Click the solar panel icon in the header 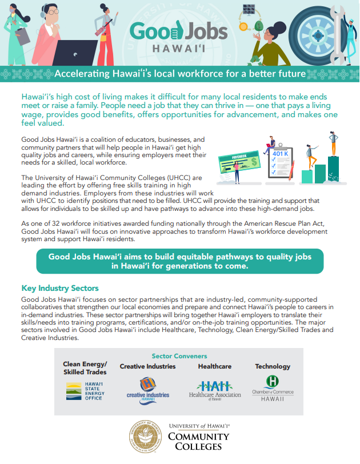pyautogui.click(x=249, y=10)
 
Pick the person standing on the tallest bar pyautogui.click(x=333, y=144)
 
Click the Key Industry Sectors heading pyautogui.click(x=60, y=288)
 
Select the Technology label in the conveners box pyautogui.click(x=273, y=366)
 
